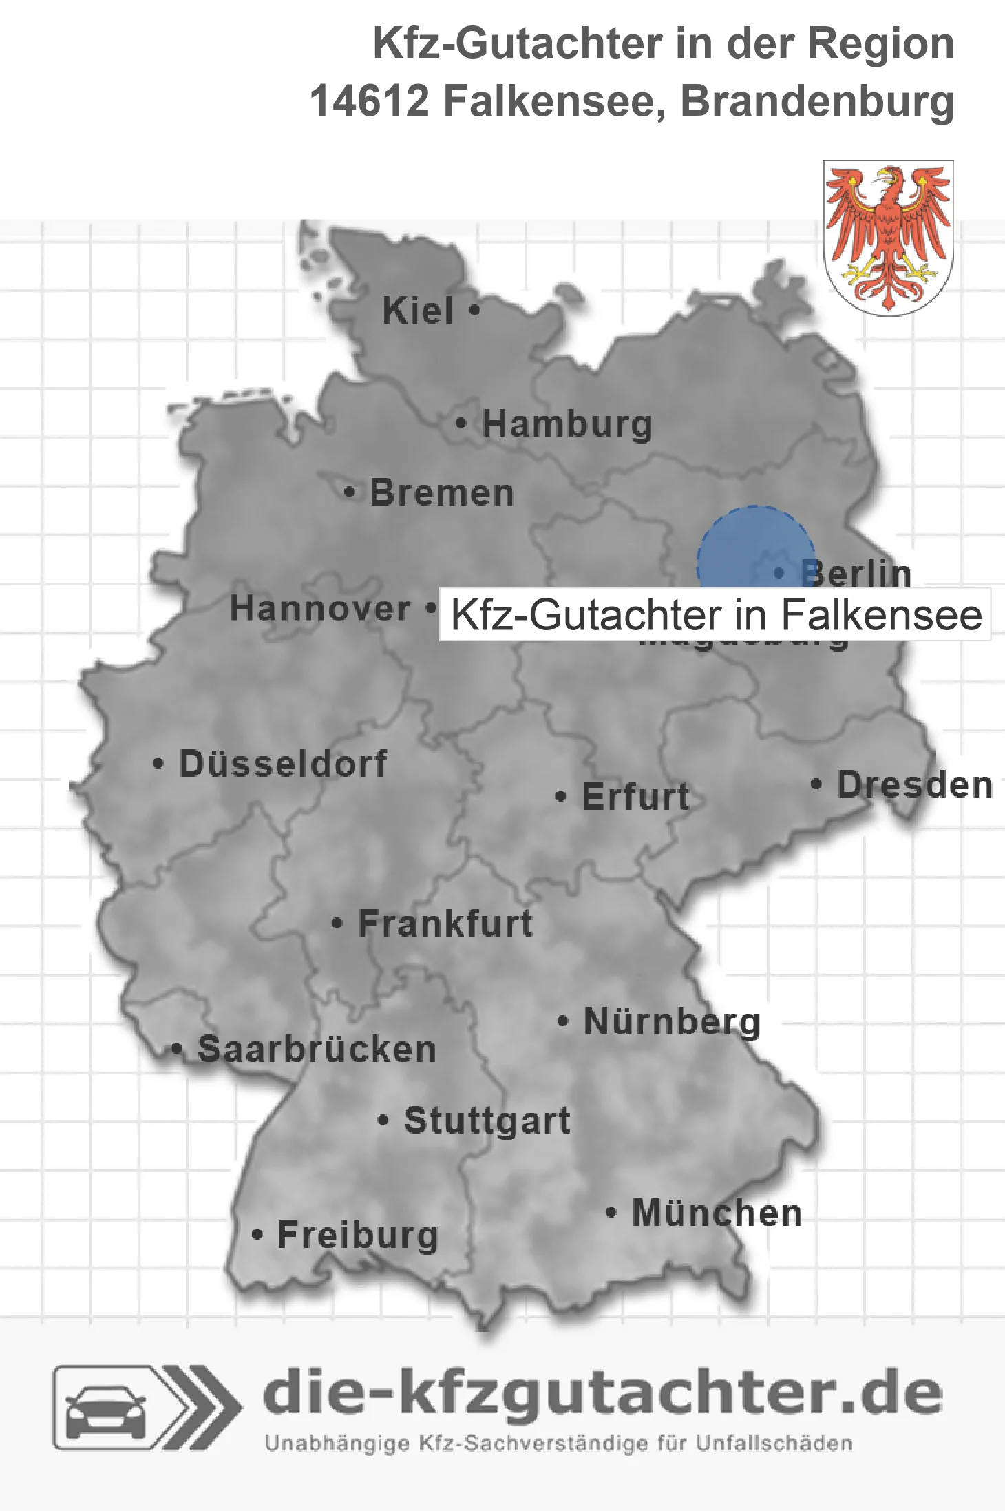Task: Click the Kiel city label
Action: (418, 311)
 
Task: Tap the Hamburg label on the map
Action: (567, 424)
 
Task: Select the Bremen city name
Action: (442, 493)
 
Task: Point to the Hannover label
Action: (320, 609)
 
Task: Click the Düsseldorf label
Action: (283, 764)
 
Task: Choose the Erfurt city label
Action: (635, 797)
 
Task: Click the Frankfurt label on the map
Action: (445, 924)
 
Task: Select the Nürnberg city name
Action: (672, 1021)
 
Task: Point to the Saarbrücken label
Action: (317, 1050)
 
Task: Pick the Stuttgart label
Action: (487, 1121)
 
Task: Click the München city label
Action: (717, 1213)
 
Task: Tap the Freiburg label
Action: (358, 1235)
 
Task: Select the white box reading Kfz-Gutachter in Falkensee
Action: (715, 614)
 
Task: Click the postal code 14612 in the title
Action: (368, 101)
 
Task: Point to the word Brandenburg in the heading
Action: (817, 101)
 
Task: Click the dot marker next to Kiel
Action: (474, 311)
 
